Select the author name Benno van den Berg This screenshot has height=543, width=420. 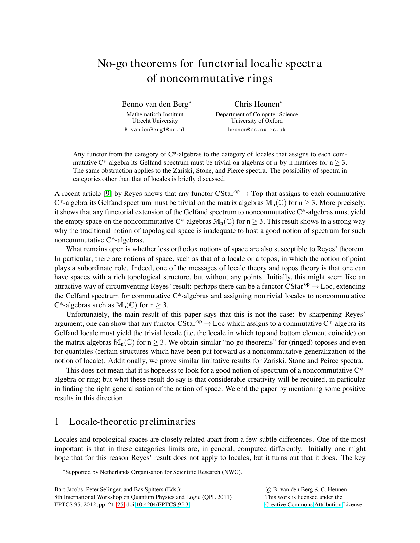[154, 104]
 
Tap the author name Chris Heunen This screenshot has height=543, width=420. [257, 104]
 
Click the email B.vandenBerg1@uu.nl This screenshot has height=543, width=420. [154, 130]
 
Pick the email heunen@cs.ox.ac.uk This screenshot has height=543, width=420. [257, 130]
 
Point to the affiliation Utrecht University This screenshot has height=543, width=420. [155, 121]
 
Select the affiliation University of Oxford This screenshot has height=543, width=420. [257, 121]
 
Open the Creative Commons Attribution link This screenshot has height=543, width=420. [303, 504]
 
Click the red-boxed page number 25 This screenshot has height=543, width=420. [121, 504]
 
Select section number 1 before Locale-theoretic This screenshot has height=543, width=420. [57, 422]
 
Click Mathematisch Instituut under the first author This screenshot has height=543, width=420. [155, 114]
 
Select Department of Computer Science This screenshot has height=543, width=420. [257, 114]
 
